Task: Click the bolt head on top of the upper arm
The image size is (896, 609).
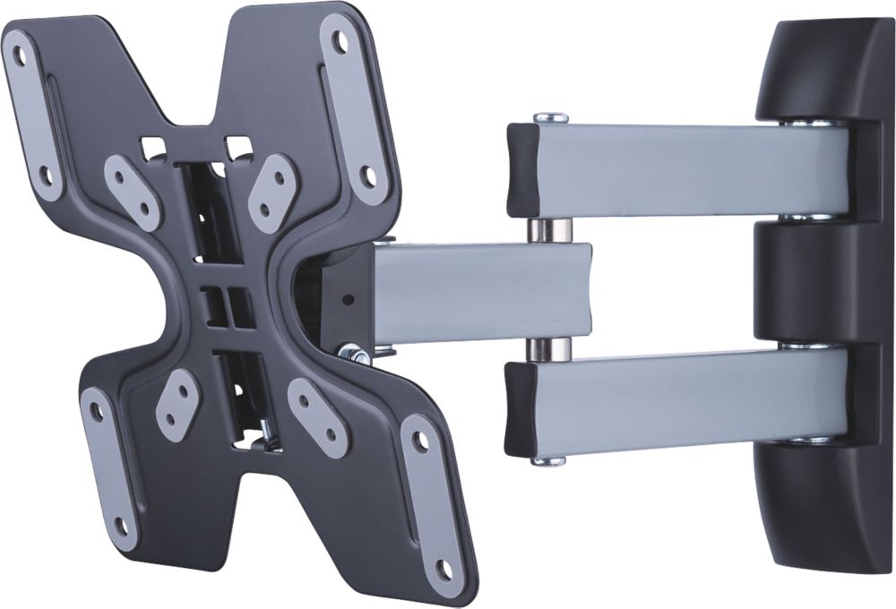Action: coord(550,117)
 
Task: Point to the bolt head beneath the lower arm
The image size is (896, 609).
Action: coord(548,461)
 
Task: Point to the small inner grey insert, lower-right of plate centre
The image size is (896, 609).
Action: coord(317,416)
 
